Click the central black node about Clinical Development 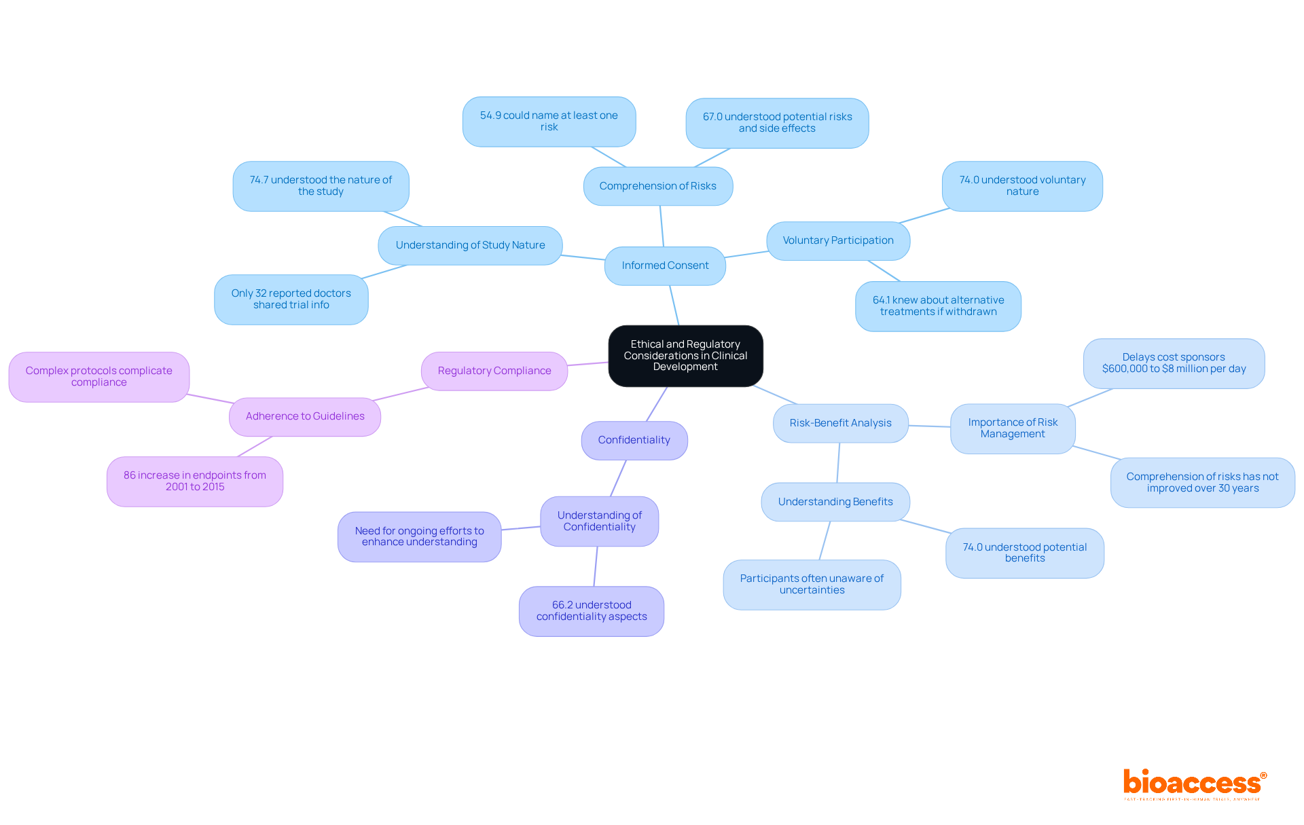click(685, 356)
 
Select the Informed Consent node click(665, 265)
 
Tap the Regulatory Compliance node click(494, 371)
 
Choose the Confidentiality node click(634, 440)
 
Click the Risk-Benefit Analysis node click(840, 423)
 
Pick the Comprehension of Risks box click(657, 186)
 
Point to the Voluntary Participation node click(837, 240)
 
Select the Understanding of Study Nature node click(470, 245)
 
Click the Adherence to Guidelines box click(305, 416)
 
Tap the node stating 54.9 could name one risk click(549, 122)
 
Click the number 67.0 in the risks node click(712, 117)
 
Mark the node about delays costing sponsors click(1174, 363)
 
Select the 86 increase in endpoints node click(195, 481)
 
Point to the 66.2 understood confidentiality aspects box click(591, 611)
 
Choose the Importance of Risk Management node click(1013, 428)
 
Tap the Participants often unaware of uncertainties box click(812, 585)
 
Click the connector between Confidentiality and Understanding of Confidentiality click(618, 478)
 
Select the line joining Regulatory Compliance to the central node click(587, 364)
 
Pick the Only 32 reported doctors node click(291, 299)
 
